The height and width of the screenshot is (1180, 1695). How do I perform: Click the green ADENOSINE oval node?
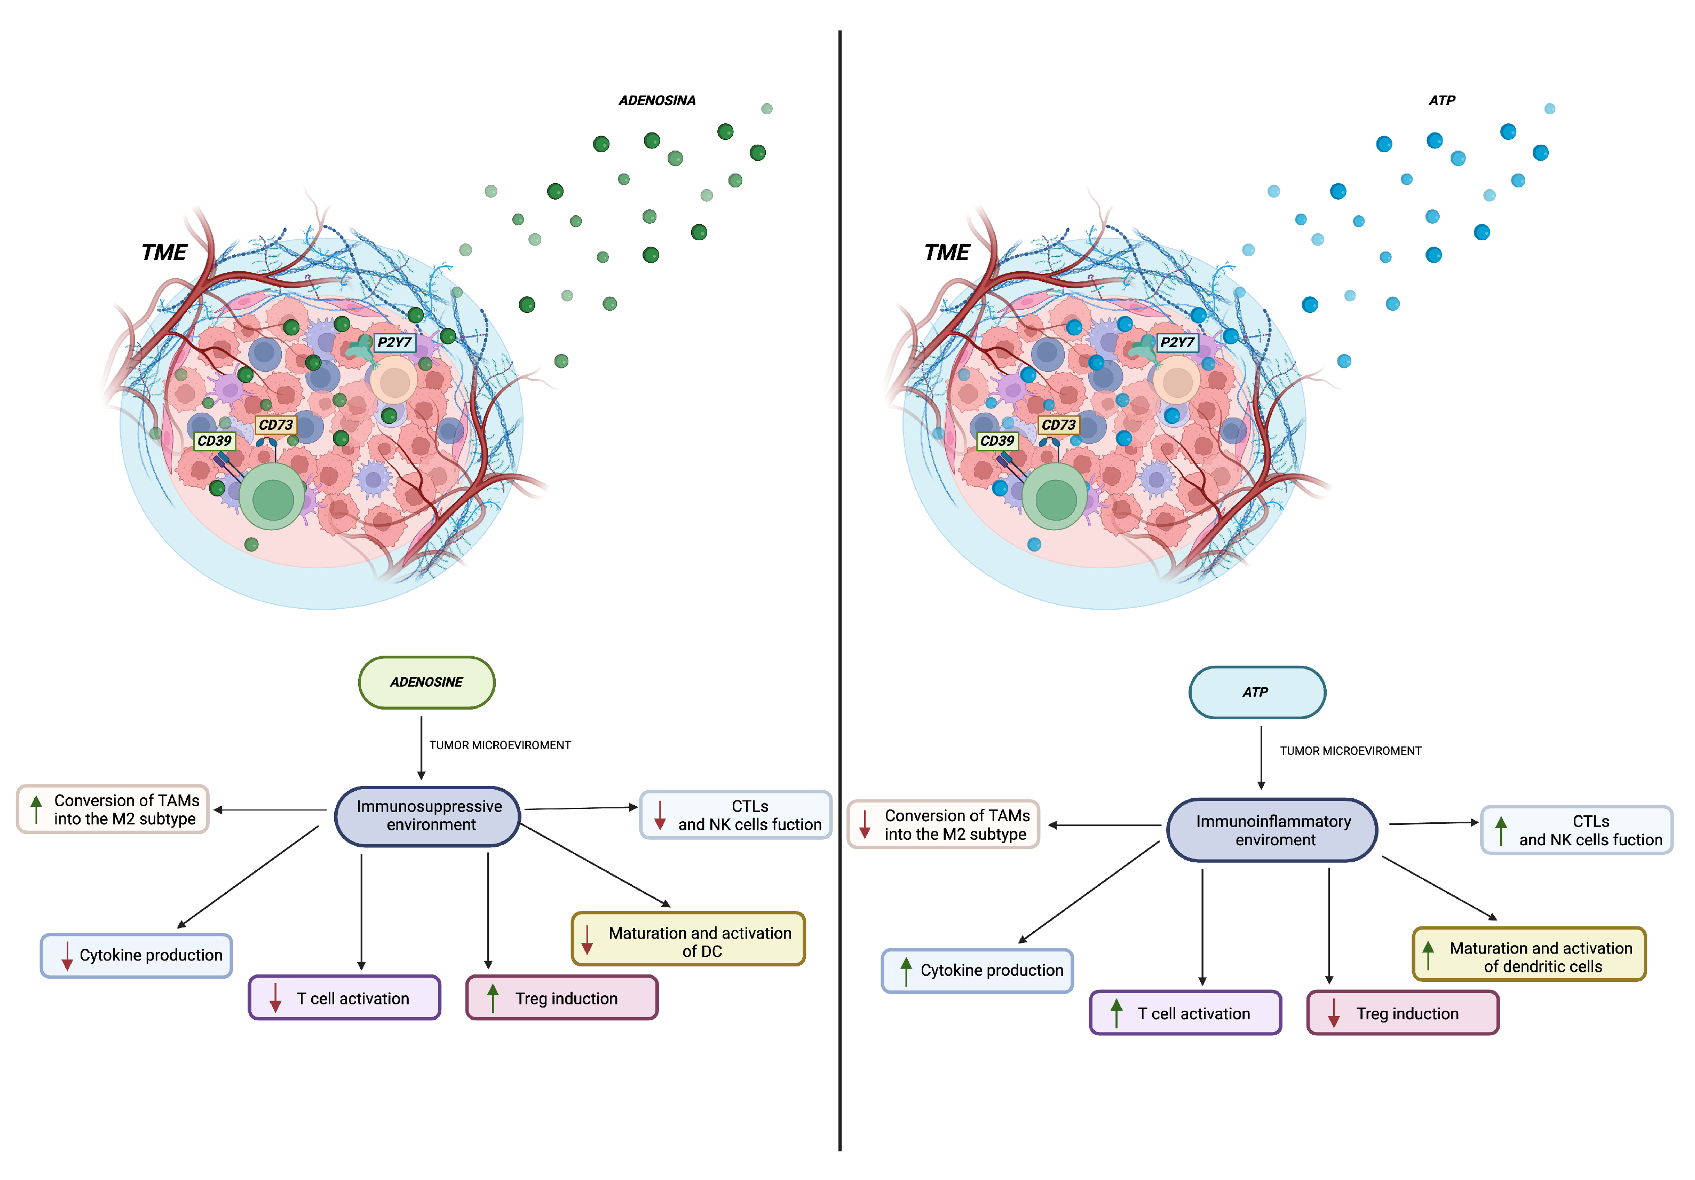pos(427,681)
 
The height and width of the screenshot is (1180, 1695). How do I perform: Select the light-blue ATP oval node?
pos(1256,692)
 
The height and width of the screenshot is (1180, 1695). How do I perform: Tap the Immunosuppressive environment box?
pos(428,815)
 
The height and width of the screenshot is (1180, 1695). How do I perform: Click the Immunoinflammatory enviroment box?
pos(1273,830)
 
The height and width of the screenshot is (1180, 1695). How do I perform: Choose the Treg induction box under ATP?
pos(1403,1013)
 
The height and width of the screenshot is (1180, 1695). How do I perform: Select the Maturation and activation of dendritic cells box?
pos(1529,955)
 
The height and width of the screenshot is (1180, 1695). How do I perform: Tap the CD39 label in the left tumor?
pos(214,441)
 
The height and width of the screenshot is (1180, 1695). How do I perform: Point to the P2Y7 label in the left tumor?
pos(394,342)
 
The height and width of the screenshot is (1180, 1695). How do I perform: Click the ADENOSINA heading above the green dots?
pos(656,100)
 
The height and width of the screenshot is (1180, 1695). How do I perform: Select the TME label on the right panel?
pos(946,253)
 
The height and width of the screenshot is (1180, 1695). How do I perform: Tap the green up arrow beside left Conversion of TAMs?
pos(35,808)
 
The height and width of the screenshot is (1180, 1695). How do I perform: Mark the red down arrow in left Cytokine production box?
pos(66,956)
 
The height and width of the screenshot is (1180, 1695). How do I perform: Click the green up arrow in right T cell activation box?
pos(1116,1013)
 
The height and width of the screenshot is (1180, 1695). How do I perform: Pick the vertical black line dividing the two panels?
pos(839,591)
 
